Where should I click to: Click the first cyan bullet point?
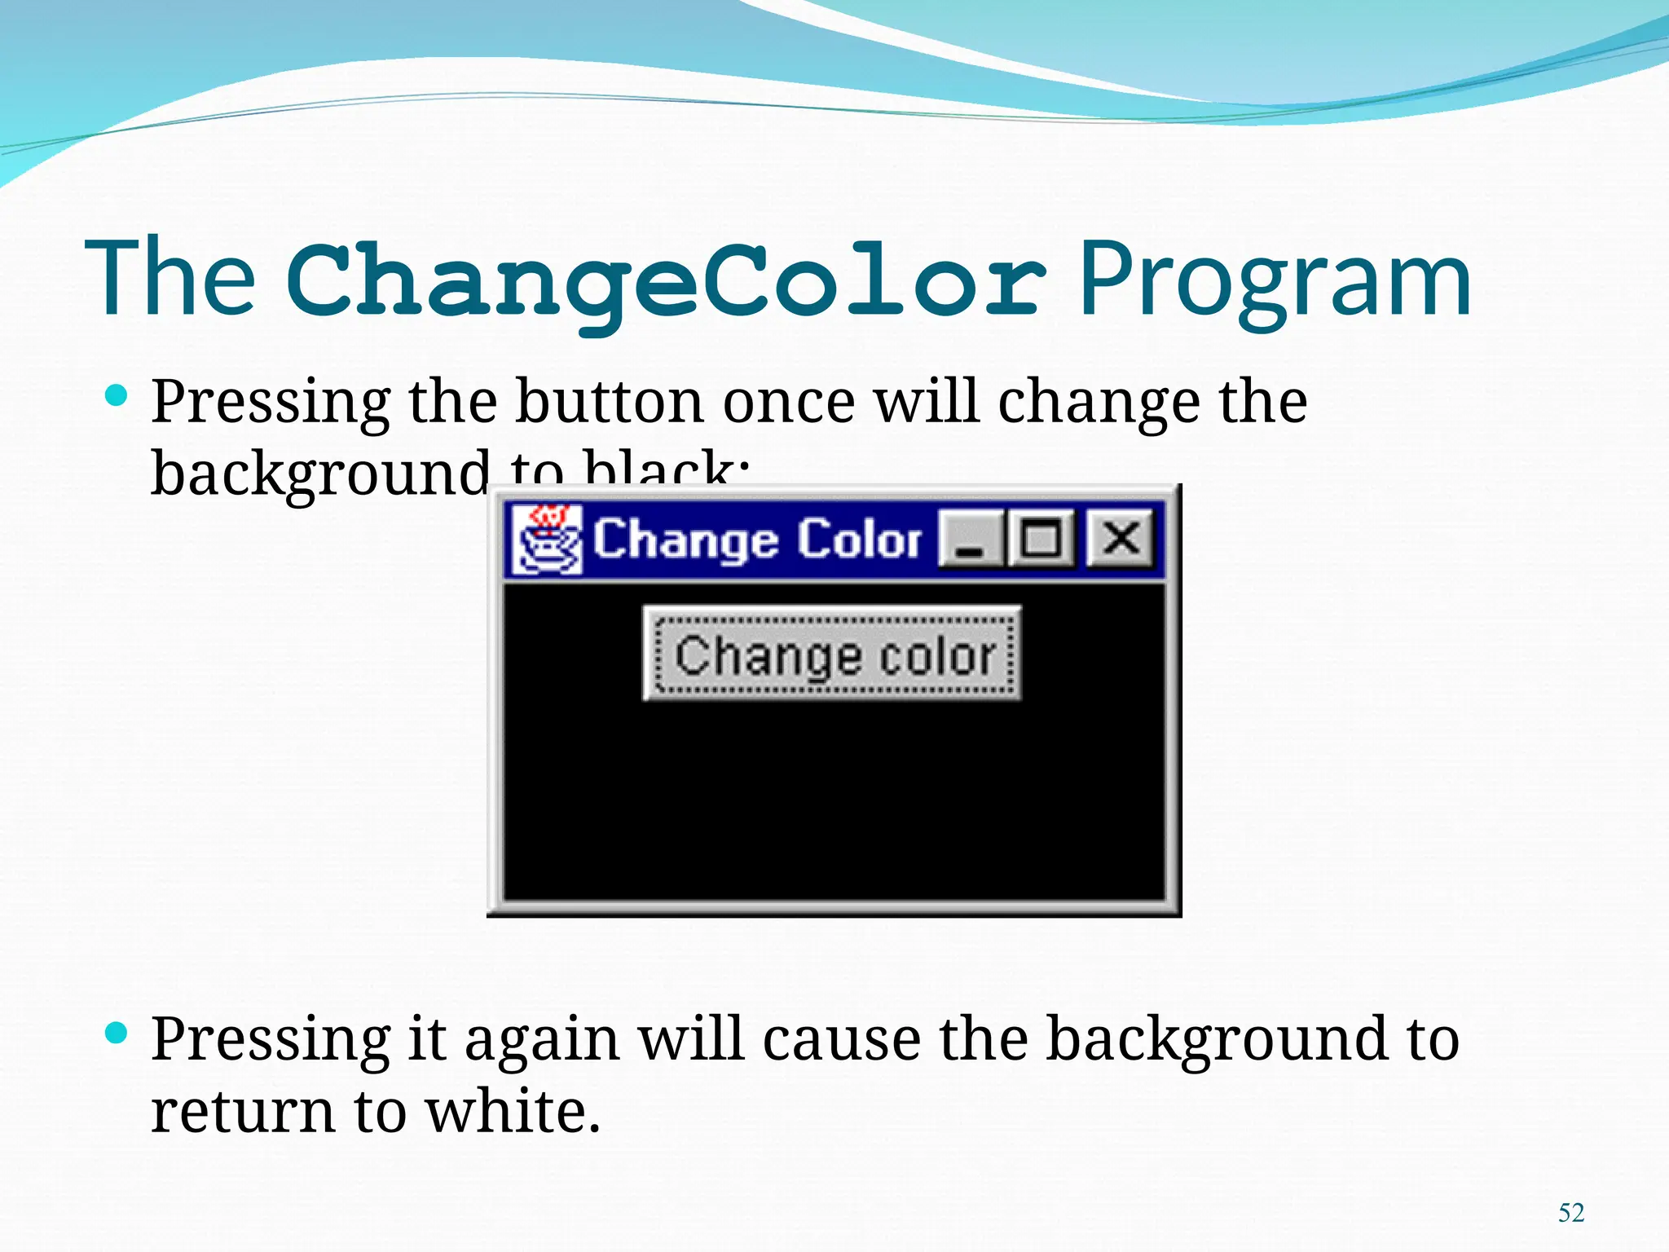click(117, 397)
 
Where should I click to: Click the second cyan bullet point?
click(117, 1034)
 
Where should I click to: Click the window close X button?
click(1121, 538)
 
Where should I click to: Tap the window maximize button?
click(1041, 538)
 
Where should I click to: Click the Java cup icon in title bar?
click(547, 540)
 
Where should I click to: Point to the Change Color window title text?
click(756, 540)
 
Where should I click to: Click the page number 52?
click(1570, 1213)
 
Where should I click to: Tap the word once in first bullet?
click(789, 403)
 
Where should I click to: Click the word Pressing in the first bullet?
click(271, 403)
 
